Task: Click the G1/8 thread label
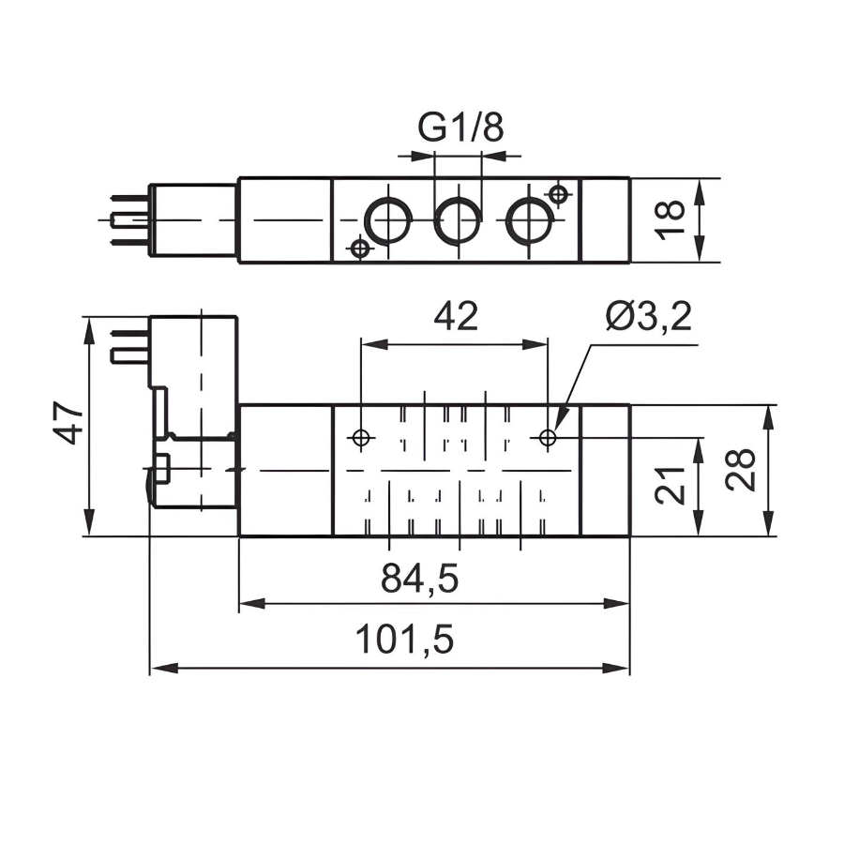pos(460,128)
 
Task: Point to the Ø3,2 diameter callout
pos(648,318)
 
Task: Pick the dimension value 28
pos(740,469)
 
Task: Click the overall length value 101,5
pos(404,641)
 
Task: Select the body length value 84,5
pos(419,579)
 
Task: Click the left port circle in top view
pos(387,221)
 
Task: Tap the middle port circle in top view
pos(458,221)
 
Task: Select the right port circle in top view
pos(529,221)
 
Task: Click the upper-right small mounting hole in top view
pos(559,194)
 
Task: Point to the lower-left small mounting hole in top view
pos(358,249)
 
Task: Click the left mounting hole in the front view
pos(361,437)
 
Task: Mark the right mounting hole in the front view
pos(549,437)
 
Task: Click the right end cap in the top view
pos(606,220)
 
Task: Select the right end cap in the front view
pos(606,470)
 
